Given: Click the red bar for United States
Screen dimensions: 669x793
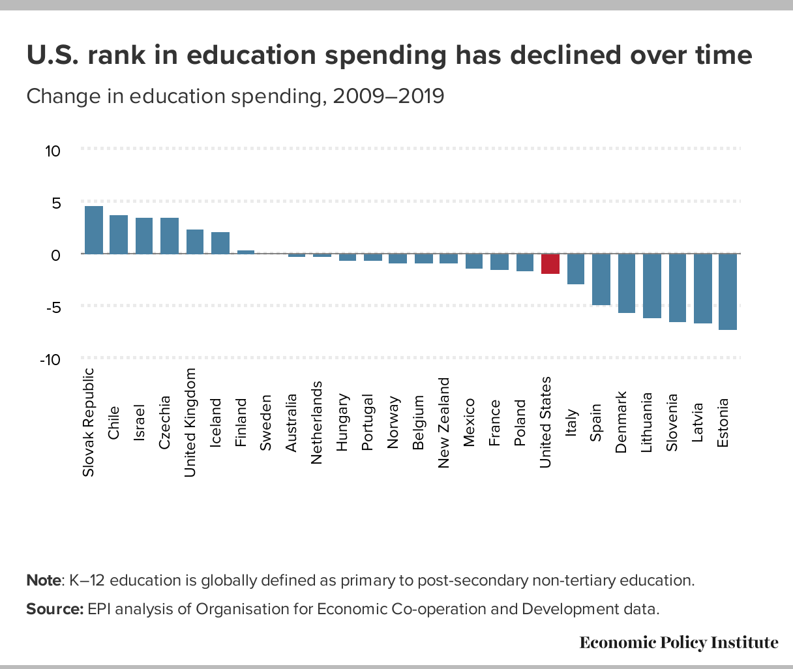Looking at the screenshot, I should click(x=550, y=263).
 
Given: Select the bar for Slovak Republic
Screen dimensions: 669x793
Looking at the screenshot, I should click(x=94, y=230).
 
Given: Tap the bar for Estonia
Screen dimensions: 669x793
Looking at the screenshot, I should click(x=728, y=291).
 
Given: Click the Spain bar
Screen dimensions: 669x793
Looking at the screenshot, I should click(x=601, y=279).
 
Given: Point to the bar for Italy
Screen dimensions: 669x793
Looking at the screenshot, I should click(x=576, y=269).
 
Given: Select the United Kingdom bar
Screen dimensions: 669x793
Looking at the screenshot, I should click(x=195, y=241).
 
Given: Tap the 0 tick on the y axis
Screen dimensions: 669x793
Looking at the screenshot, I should click(x=56, y=255).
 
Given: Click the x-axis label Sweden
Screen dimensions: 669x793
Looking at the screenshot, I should click(x=265, y=421).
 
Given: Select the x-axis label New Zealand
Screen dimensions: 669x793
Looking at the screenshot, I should click(x=443, y=423).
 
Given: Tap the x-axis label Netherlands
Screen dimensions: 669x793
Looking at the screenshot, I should click(x=316, y=423).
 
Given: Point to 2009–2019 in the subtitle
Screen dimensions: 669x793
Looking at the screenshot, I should click(x=388, y=97).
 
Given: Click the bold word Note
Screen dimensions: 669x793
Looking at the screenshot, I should click(x=44, y=580).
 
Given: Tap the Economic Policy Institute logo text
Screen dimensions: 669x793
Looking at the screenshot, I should click(x=679, y=643).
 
